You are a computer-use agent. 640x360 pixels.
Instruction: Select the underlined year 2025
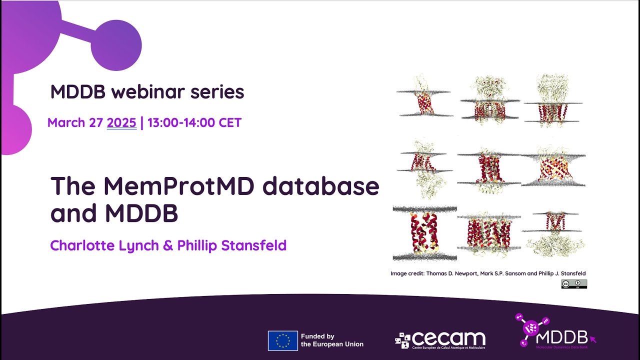(121, 123)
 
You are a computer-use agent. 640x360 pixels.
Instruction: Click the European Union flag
(282, 340)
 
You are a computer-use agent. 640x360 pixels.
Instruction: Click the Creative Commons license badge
(573, 284)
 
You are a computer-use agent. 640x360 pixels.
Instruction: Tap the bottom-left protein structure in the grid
(424, 233)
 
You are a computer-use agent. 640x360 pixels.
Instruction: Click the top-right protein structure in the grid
(553, 100)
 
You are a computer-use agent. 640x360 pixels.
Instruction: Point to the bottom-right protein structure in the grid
(553, 233)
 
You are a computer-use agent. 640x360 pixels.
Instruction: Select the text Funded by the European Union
(331, 340)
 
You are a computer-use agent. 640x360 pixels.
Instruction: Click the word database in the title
(320, 186)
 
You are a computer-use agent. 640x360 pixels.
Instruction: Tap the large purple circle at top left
(116, 45)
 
